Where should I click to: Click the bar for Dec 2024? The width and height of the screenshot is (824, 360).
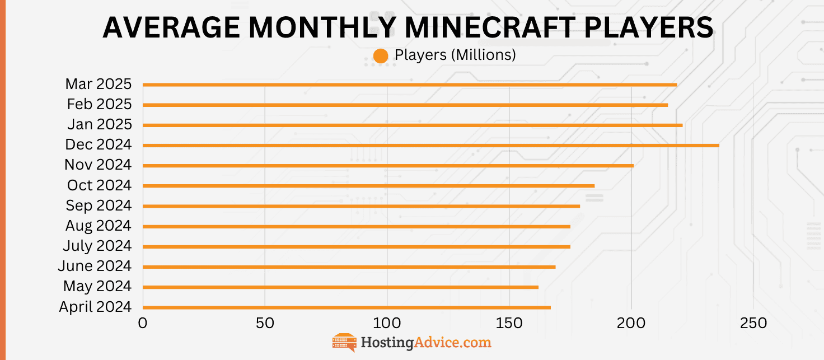tap(430, 146)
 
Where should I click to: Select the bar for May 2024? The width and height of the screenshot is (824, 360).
tap(340, 287)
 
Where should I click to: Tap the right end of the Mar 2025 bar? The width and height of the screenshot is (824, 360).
tap(676, 85)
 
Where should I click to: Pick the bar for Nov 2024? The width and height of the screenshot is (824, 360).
tap(388, 166)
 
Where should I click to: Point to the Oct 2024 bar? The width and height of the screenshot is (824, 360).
tap(368, 186)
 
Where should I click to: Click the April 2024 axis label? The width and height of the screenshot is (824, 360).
tap(95, 307)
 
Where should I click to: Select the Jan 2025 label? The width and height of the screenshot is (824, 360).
tap(99, 124)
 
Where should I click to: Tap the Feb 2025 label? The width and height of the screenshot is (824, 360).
tap(99, 104)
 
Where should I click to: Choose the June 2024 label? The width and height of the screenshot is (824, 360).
tap(95, 266)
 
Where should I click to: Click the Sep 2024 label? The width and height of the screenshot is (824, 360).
tap(99, 205)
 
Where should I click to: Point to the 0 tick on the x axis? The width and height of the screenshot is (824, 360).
tap(143, 324)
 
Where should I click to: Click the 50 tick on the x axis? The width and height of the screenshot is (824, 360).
tap(265, 324)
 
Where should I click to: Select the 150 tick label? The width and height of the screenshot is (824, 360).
tap(509, 324)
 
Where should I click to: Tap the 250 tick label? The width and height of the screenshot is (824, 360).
tap(753, 324)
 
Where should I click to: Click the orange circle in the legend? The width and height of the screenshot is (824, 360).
tap(381, 56)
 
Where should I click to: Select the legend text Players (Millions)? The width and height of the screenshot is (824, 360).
tap(455, 55)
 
